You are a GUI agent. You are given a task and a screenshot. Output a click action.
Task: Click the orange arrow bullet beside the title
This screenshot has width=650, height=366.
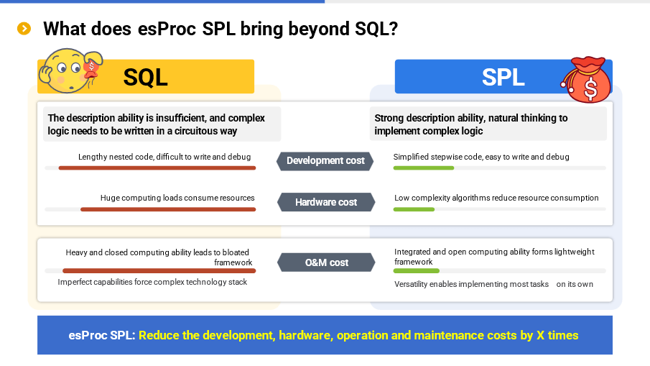pyautogui.click(x=24, y=29)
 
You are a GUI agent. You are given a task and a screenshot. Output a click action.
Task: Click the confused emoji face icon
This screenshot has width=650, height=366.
pyautogui.click(x=69, y=70)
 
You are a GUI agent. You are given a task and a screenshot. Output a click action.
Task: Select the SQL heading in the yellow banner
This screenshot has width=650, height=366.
pyautogui.click(x=146, y=77)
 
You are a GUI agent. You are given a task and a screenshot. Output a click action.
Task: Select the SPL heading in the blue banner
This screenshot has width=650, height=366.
pyautogui.click(x=503, y=77)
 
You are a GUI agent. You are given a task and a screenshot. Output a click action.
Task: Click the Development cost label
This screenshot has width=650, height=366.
pyautogui.click(x=325, y=160)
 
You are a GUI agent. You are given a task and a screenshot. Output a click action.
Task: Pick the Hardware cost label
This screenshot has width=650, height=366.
pyautogui.click(x=325, y=202)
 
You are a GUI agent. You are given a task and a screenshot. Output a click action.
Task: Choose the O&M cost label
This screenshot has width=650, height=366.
pyautogui.click(x=326, y=262)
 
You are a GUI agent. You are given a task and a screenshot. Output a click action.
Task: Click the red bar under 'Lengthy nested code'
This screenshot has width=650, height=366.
pyautogui.click(x=157, y=168)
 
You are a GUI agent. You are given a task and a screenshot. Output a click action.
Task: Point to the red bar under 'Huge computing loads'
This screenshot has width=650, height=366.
pyautogui.click(x=167, y=209)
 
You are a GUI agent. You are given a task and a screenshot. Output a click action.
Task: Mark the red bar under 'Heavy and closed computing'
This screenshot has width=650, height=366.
pyautogui.click(x=158, y=271)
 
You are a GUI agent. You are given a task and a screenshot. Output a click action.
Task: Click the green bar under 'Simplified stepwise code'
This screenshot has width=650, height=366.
pyautogui.click(x=423, y=168)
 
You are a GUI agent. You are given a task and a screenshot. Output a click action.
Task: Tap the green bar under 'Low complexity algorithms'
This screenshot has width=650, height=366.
pyautogui.click(x=414, y=209)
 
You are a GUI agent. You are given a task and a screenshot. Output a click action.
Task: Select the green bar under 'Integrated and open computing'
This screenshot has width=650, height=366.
pyautogui.click(x=416, y=271)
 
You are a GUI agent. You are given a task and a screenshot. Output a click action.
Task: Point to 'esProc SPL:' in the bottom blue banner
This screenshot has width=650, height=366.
pyautogui.click(x=101, y=335)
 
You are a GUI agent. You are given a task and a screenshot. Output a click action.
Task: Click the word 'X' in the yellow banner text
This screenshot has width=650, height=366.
pyautogui.click(x=540, y=335)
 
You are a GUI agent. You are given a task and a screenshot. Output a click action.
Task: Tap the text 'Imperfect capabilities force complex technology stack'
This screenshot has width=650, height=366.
pyautogui.click(x=152, y=283)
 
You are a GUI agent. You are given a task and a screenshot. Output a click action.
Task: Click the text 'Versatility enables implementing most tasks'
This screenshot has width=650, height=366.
pyautogui.click(x=471, y=284)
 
